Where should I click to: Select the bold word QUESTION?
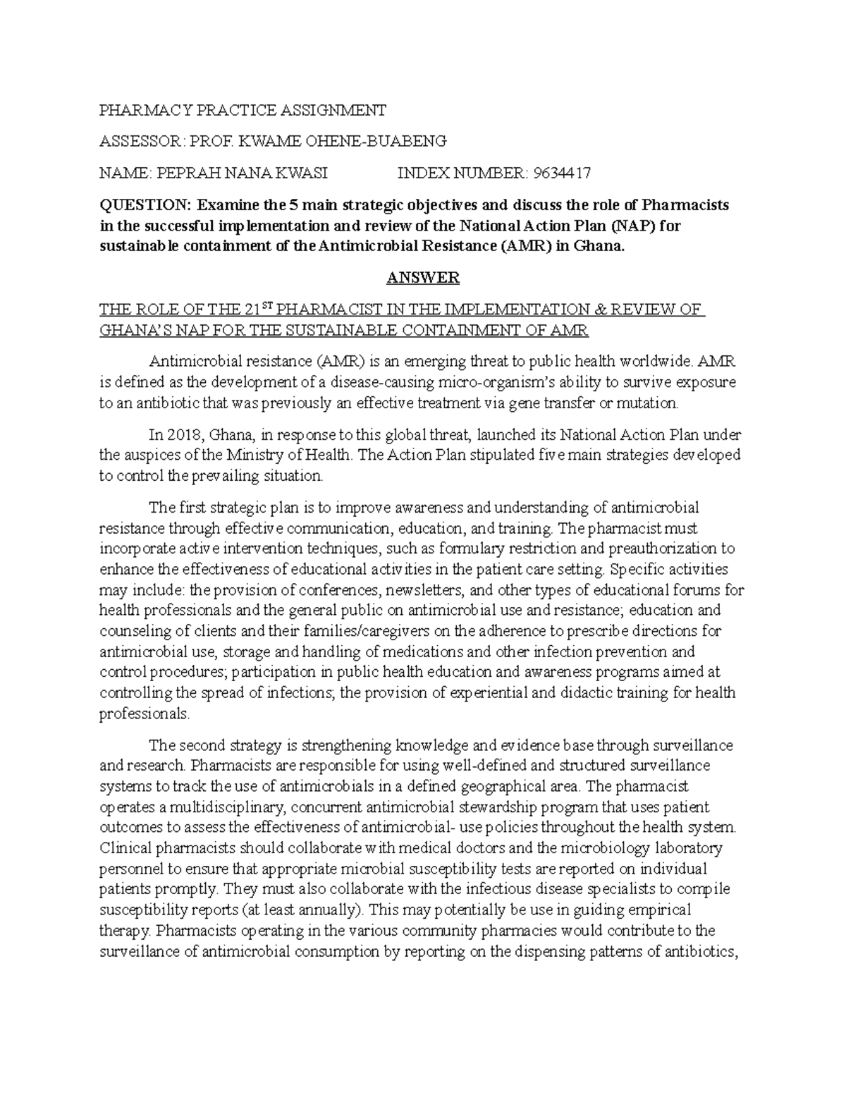click(x=145, y=205)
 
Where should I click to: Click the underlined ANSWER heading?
click(x=423, y=278)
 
